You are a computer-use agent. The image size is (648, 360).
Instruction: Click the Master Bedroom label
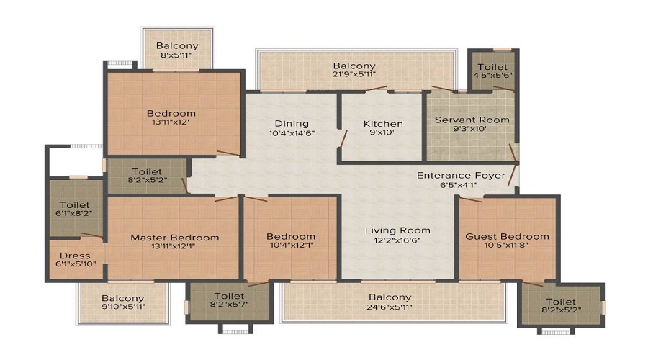tap(175, 238)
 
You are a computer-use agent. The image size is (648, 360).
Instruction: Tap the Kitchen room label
tap(383, 124)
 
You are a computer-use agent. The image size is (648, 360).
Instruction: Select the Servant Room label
tap(472, 120)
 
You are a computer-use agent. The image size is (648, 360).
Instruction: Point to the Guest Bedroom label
tap(507, 236)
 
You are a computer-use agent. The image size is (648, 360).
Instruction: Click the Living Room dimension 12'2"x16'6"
tap(397, 240)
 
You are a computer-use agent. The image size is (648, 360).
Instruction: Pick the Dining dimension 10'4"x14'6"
tap(292, 133)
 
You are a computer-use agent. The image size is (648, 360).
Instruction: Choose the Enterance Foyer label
tap(461, 176)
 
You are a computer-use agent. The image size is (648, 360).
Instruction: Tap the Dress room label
tap(75, 256)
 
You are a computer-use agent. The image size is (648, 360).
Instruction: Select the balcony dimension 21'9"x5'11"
tap(354, 75)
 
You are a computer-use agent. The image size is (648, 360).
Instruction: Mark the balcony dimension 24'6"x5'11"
tap(390, 307)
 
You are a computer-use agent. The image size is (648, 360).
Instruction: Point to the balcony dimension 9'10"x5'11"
tap(122, 307)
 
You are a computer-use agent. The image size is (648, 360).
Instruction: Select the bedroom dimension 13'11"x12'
tap(171, 122)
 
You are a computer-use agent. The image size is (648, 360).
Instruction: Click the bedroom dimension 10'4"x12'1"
tap(291, 246)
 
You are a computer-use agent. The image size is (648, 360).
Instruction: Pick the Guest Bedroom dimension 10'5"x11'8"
tap(507, 246)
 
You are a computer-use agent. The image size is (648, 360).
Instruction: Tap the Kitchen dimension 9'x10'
tap(383, 132)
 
